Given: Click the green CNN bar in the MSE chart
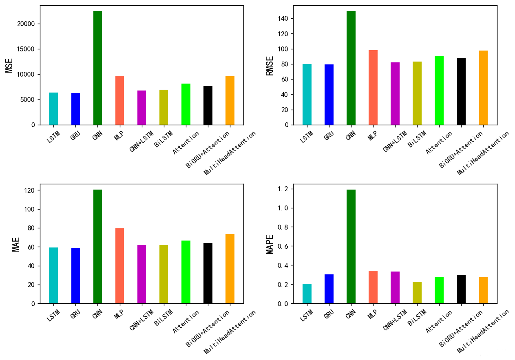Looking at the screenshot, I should (x=97, y=68).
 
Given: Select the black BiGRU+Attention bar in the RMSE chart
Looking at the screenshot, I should (x=461, y=91).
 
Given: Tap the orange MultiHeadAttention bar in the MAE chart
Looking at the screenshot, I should (x=230, y=269).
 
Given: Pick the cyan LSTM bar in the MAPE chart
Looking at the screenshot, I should (x=307, y=294).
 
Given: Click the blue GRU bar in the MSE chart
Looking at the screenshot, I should (x=75, y=109).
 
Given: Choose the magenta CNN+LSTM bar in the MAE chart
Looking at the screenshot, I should (x=141, y=274).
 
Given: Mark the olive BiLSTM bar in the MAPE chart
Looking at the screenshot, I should (x=417, y=292).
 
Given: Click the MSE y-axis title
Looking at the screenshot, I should (x=9, y=65).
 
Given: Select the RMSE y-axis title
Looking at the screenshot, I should (x=270, y=65).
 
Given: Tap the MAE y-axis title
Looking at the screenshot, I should (x=16, y=244).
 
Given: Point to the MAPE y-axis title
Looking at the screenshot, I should (x=270, y=244).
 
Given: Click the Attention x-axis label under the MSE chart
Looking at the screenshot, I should (x=186, y=143).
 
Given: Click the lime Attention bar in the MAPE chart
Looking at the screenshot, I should (x=439, y=290).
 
